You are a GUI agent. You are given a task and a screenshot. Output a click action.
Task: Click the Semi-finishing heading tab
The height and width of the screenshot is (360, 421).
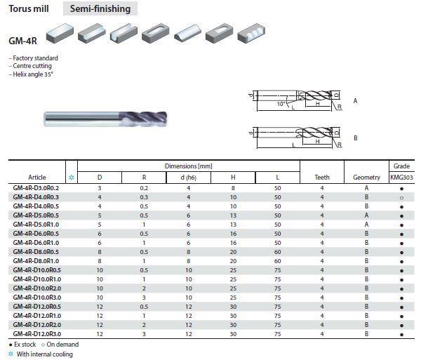[x=100, y=8]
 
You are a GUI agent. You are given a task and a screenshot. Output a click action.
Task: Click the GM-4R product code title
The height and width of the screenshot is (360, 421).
[x=23, y=41]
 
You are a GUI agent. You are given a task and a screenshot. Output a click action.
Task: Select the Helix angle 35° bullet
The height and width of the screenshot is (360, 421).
[x=31, y=74]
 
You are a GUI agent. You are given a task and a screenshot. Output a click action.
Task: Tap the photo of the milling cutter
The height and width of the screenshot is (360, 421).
[x=105, y=119]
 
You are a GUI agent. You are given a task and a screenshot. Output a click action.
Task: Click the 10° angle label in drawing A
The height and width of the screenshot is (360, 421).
[x=281, y=104]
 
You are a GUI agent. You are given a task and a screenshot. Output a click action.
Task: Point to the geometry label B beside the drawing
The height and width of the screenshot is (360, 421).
[x=356, y=138]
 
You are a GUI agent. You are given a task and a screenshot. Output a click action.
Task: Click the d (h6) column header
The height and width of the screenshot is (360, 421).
[x=189, y=178]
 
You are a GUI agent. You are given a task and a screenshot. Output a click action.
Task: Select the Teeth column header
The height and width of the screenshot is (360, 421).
[x=322, y=177]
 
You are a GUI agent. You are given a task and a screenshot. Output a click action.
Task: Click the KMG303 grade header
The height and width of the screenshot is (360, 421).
[x=401, y=177]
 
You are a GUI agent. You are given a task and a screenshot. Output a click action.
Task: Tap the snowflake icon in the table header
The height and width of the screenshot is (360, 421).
[x=72, y=178]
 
